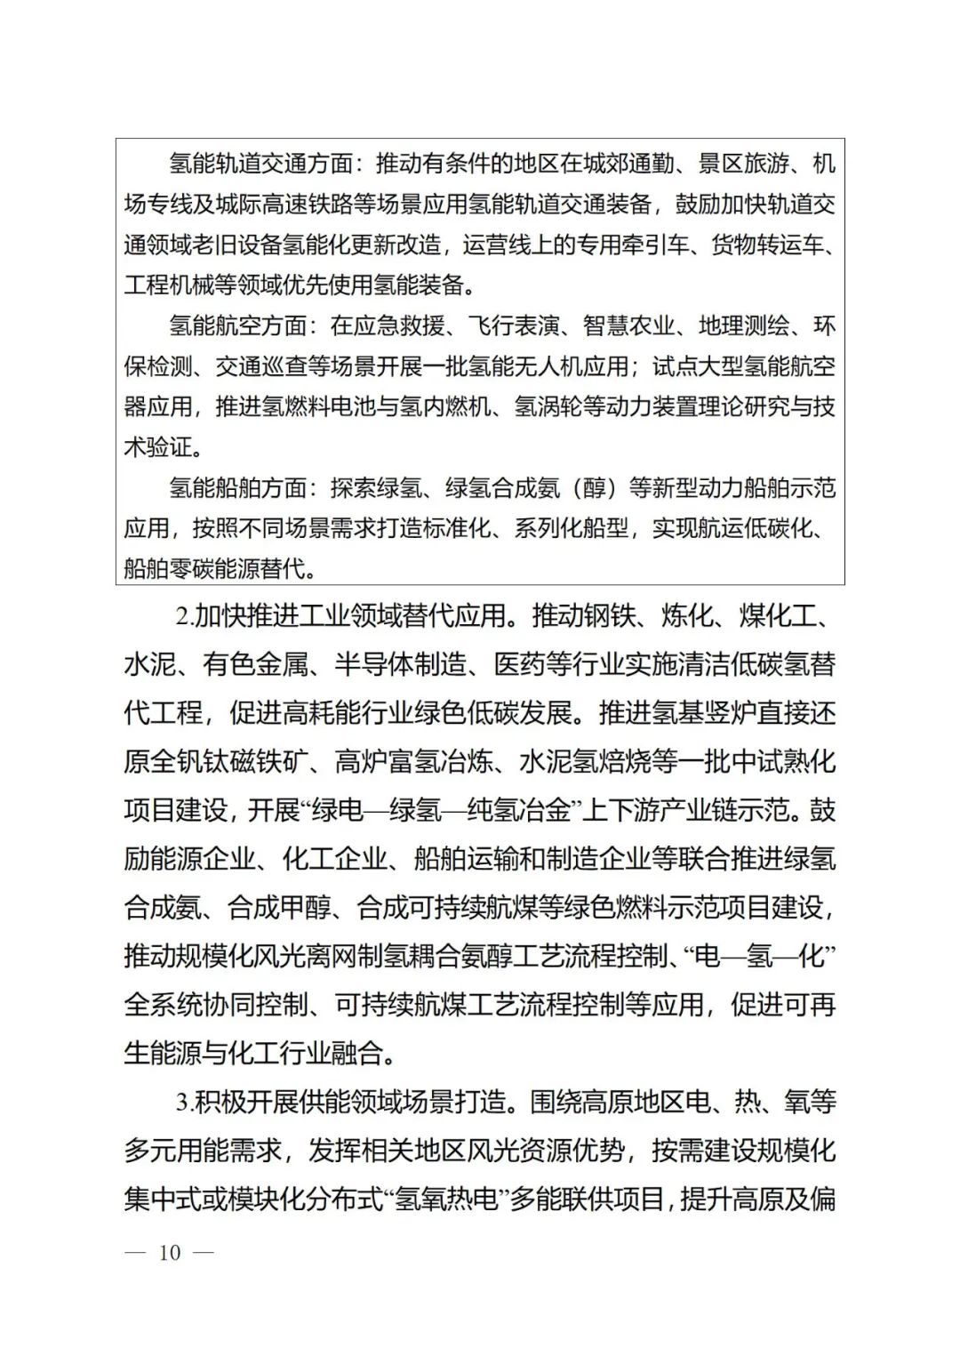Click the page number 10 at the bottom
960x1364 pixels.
pos(170,1253)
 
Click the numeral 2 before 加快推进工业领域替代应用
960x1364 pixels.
pos(182,616)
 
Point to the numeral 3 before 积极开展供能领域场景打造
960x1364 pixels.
pos(182,1103)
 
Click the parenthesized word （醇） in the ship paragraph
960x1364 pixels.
pos(594,488)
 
